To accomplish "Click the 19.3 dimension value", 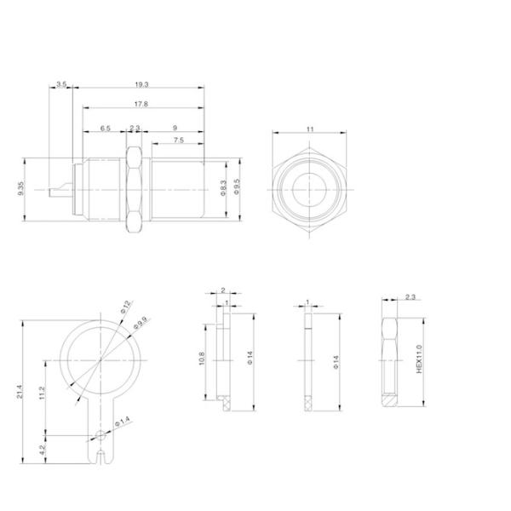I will [x=141, y=83].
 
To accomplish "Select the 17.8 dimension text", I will [x=141, y=104].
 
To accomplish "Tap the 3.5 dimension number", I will [x=61, y=83].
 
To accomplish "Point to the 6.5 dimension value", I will [x=105, y=127].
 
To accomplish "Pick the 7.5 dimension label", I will [x=178, y=140].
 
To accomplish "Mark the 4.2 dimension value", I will [x=42, y=451].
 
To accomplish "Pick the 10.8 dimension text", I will [x=201, y=361].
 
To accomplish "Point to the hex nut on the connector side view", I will [x=134, y=189].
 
